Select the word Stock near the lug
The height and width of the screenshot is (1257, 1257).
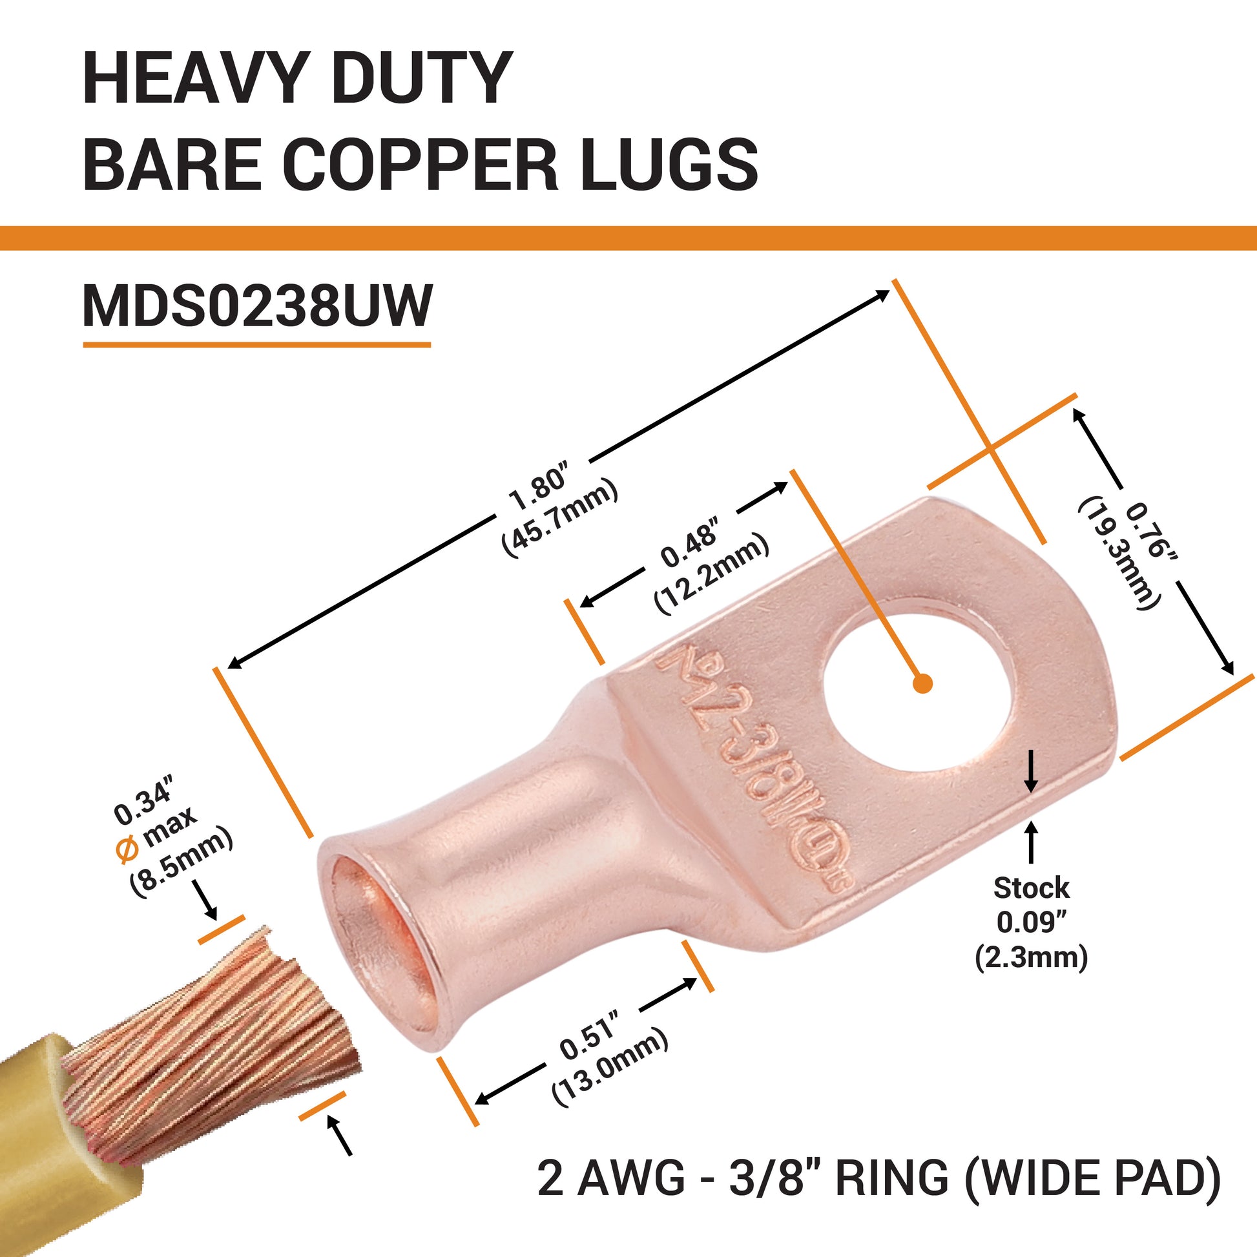(x=1031, y=888)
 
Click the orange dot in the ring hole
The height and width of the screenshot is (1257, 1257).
(x=922, y=683)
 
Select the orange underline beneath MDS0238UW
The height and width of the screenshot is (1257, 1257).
(x=257, y=344)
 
